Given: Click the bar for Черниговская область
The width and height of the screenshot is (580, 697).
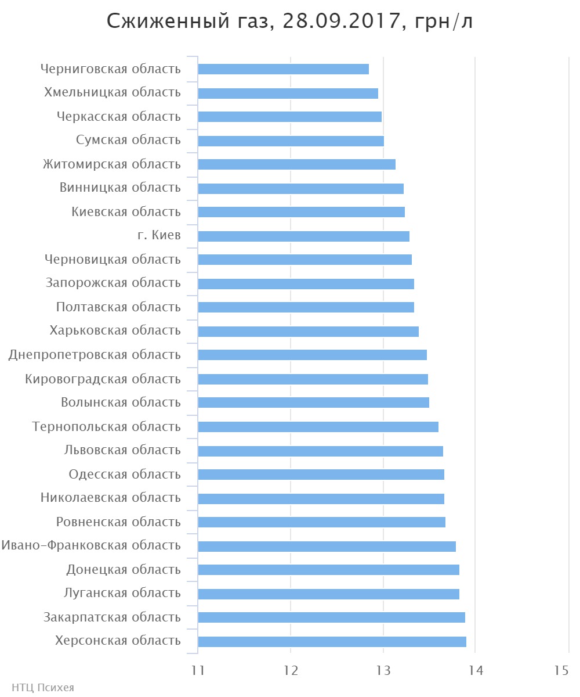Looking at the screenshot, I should (x=283, y=69).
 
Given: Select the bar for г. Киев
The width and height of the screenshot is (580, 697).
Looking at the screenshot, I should (x=303, y=236).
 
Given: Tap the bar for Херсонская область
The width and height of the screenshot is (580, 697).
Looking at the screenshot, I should (x=332, y=642).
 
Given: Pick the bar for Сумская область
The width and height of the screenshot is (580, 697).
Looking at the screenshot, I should (x=291, y=141).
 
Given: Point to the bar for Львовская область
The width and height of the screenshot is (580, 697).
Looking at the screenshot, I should (x=320, y=451).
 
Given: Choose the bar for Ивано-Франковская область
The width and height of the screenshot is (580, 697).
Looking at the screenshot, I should (x=327, y=547).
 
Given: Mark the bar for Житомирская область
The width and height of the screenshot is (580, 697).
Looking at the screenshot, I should (x=296, y=164).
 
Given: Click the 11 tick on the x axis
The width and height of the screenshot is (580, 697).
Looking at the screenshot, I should (x=198, y=670).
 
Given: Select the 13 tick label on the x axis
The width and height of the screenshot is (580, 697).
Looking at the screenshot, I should (x=383, y=670).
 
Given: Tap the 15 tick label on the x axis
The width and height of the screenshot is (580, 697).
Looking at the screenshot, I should (x=561, y=670).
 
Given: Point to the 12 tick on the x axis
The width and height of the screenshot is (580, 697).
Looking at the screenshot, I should (x=291, y=670).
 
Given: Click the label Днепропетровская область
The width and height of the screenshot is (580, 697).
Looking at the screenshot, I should (x=95, y=355).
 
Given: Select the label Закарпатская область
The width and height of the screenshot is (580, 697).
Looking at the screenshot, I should (x=112, y=617).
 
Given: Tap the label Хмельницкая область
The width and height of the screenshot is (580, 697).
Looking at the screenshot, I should (x=112, y=92).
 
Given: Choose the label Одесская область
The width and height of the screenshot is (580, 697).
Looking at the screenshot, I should (x=125, y=475).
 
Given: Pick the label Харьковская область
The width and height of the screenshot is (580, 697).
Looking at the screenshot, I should (x=115, y=330).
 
